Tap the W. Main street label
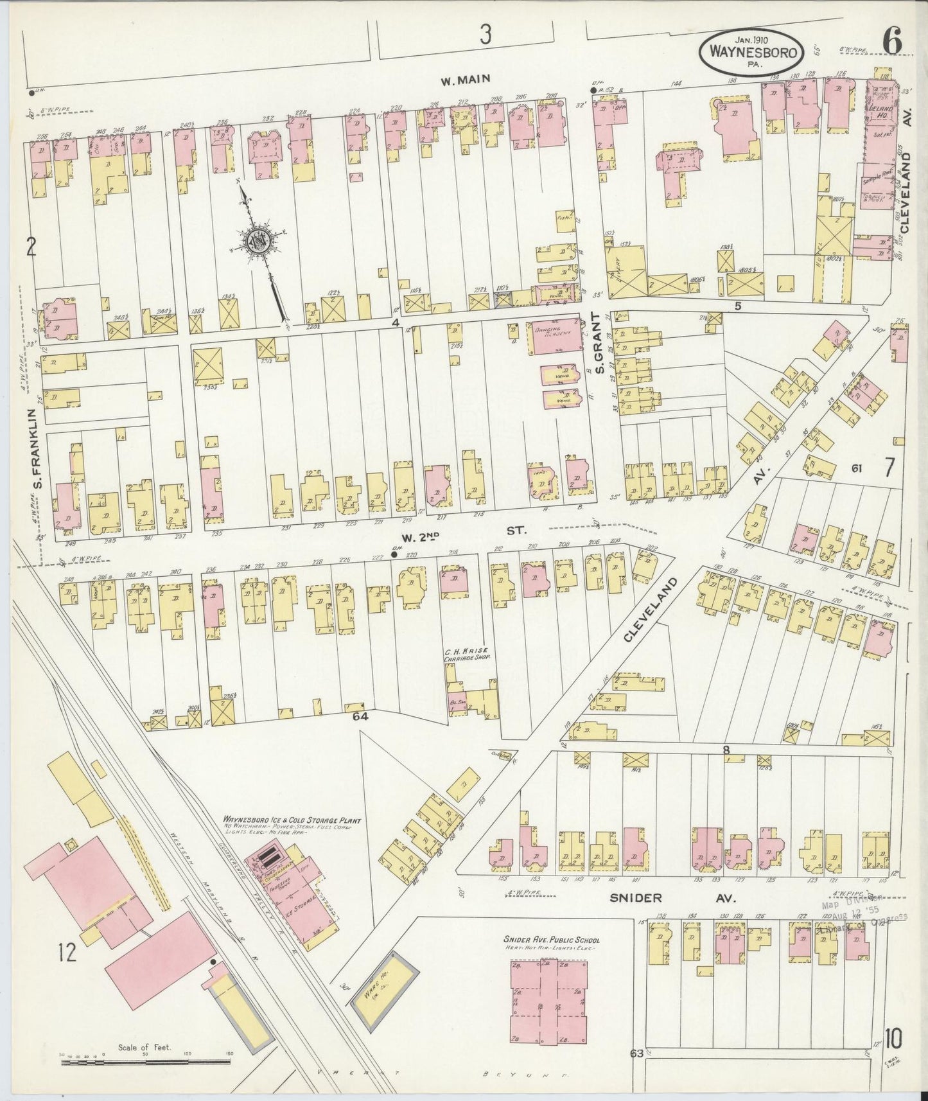465,80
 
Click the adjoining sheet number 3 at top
485,36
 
